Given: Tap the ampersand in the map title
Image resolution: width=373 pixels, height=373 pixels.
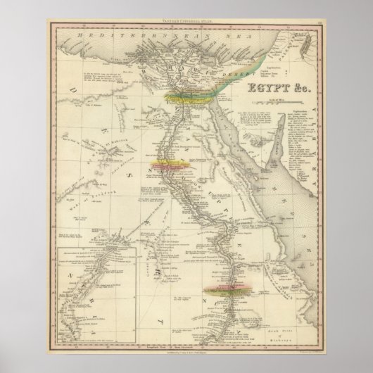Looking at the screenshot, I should click(279, 89).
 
